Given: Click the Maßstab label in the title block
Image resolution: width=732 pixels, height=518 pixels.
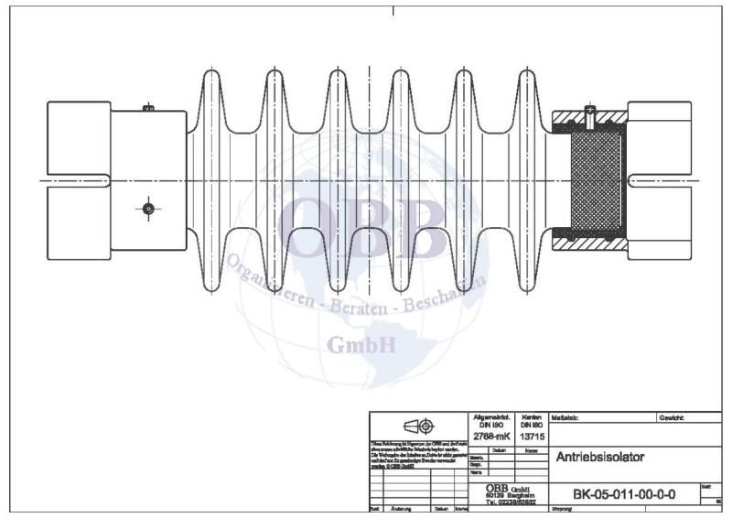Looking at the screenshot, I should pos(566,417).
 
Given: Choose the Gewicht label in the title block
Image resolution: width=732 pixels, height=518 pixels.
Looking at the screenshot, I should pos(671,417).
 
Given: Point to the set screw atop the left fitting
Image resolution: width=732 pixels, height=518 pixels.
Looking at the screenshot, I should pos(149,108).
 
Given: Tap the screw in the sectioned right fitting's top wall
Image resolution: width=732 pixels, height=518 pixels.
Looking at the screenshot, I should pos(591,116).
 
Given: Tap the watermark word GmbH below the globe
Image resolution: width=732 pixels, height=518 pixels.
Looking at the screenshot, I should pos(362,345).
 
